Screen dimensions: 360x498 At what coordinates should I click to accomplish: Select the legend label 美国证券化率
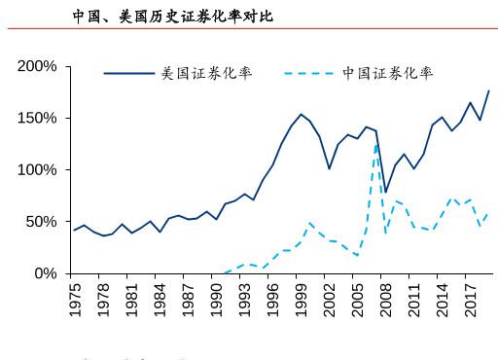coord(207,73)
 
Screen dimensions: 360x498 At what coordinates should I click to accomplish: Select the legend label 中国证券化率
coord(387,73)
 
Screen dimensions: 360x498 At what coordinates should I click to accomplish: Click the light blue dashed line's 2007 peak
coord(376,144)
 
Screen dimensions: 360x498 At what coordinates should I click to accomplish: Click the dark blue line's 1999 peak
coord(301,114)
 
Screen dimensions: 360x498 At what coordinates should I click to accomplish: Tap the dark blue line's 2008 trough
coord(385,193)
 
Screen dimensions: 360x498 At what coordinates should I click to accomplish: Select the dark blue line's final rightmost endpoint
coord(488,90)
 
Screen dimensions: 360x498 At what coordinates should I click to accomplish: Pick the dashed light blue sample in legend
coord(309,73)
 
